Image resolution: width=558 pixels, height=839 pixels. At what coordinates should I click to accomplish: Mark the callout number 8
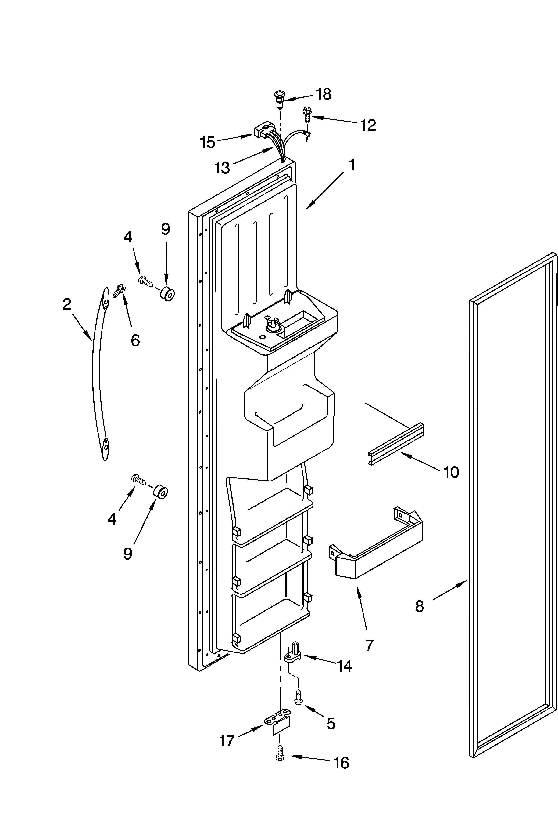click(x=420, y=606)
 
